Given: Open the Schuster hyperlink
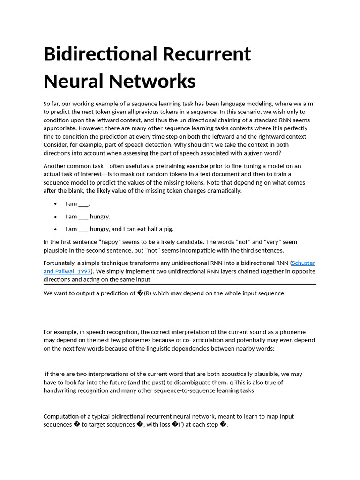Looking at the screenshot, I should tap(304, 263).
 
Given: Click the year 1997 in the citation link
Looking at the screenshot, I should tap(84, 271).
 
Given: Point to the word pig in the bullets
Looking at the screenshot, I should tap(168, 229).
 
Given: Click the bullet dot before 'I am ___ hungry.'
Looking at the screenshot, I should tap(55, 217).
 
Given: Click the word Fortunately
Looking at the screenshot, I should tap(61, 263).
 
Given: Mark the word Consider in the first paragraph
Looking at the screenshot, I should tap(56, 145).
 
